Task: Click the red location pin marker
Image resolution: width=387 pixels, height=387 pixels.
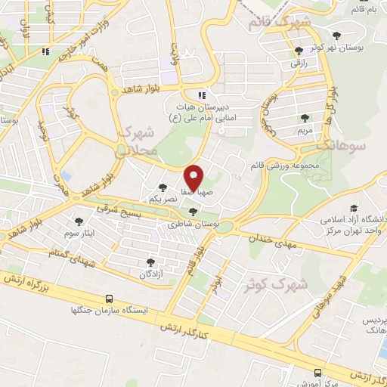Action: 194,177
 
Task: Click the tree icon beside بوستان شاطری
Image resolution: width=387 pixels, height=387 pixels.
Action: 193,212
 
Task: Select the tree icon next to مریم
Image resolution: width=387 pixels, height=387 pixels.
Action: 305,118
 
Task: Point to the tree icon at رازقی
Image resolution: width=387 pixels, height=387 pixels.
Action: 299,51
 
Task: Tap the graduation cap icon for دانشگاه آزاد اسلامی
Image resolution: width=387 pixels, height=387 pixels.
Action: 353,208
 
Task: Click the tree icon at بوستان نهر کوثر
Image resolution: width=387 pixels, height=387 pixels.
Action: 337,36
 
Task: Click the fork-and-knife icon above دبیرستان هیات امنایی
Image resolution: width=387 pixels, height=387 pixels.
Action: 202,95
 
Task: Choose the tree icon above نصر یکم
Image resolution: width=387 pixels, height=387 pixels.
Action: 163,187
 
